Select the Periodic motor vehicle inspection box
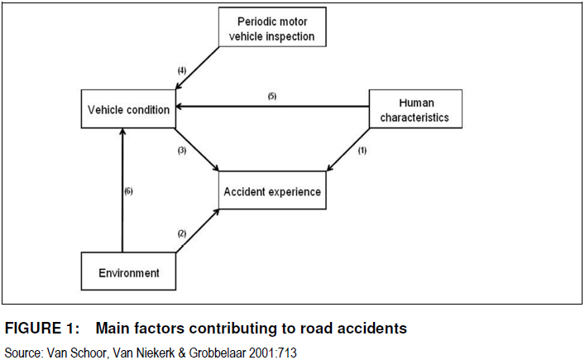point(273,29)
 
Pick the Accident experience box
point(271,191)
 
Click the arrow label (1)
point(361,151)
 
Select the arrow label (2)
point(182,233)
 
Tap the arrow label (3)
point(181,151)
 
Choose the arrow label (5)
point(271,96)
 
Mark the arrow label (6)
point(128,191)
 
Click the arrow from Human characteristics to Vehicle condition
point(273,106)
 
